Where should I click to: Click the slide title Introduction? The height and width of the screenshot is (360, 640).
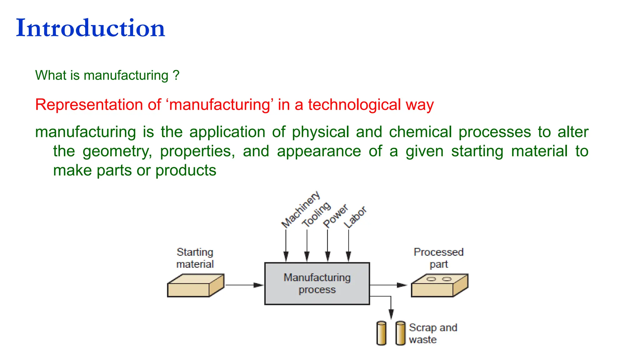pyautogui.click(x=90, y=28)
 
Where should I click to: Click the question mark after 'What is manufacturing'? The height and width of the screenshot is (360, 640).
pyautogui.click(x=176, y=75)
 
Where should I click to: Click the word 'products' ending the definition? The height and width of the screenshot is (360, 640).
pyautogui.click(x=186, y=171)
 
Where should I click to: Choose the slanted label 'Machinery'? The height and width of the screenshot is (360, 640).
pyautogui.click(x=300, y=209)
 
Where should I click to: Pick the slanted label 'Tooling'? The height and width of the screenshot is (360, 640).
pyautogui.click(x=316, y=214)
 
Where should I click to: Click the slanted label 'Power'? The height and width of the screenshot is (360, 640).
pyautogui.click(x=335, y=216)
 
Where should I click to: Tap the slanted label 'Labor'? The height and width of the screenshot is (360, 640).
pyautogui.click(x=355, y=217)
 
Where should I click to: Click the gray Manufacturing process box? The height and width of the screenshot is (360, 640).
pyautogui.click(x=317, y=283)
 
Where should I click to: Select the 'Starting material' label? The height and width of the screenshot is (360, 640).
pyautogui.click(x=195, y=258)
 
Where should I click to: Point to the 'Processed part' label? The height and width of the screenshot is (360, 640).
pyautogui.click(x=438, y=258)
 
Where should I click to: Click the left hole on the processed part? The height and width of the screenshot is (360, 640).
pyautogui.click(x=431, y=279)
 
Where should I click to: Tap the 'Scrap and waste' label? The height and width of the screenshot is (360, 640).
pyautogui.click(x=433, y=333)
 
